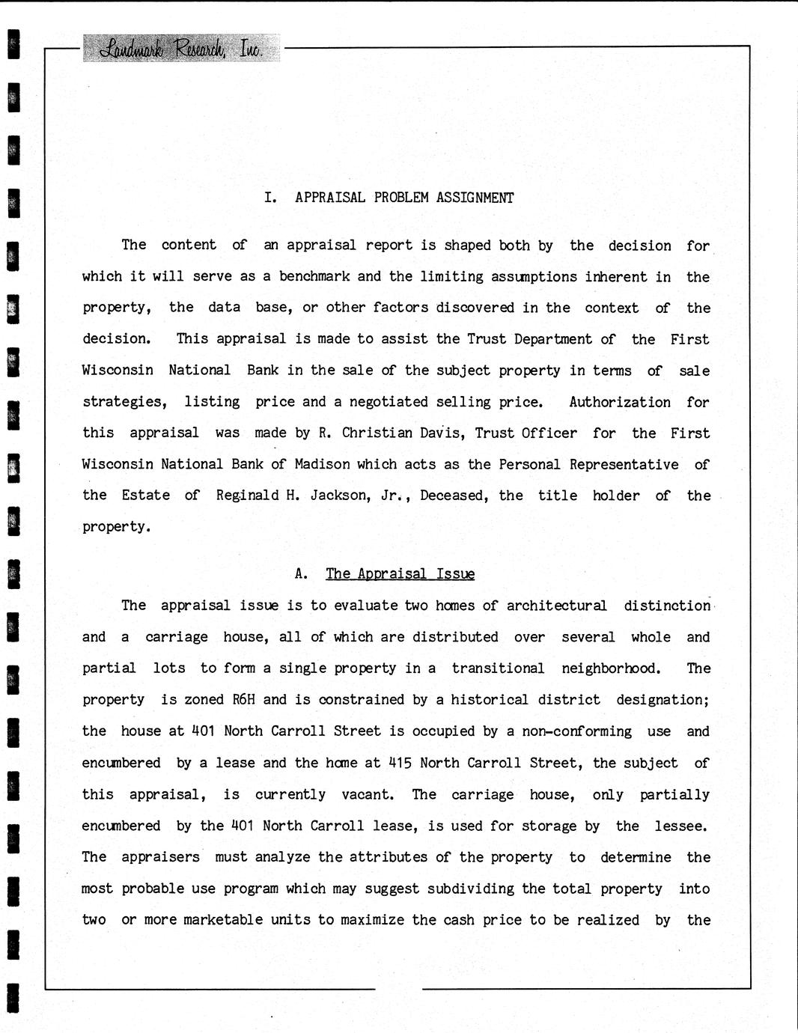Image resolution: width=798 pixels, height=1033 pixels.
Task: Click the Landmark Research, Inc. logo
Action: tap(180, 49)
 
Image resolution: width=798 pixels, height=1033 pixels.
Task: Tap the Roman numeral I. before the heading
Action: tap(270, 198)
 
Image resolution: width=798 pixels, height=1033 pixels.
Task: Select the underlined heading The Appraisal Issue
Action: tap(400, 574)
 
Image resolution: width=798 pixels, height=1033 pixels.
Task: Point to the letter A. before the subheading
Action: tap(301, 574)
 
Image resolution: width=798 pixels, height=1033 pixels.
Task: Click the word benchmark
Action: tap(314, 276)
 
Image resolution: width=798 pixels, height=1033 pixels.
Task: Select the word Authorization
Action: tap(620, 402)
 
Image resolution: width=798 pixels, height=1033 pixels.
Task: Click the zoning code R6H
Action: tap(243, 700)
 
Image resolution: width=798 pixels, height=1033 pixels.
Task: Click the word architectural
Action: tap(556, 606)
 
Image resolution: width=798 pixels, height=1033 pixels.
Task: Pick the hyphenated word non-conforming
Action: tap(576, 731)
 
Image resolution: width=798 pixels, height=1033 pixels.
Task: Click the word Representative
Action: tap(624, 464)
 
